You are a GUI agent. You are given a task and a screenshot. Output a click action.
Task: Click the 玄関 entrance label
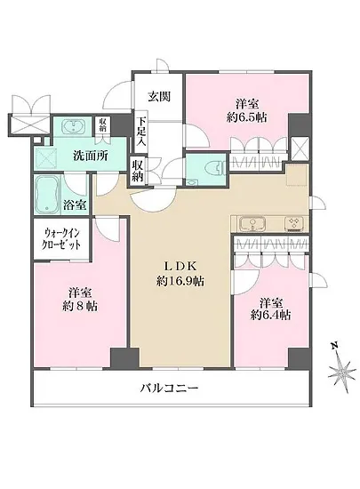pos(159,95)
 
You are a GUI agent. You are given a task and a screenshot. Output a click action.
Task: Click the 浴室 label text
pos(75,205)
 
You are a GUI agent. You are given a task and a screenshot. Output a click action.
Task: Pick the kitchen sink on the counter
pos(249,222)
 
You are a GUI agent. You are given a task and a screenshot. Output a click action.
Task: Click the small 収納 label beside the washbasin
pos(103,126)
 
